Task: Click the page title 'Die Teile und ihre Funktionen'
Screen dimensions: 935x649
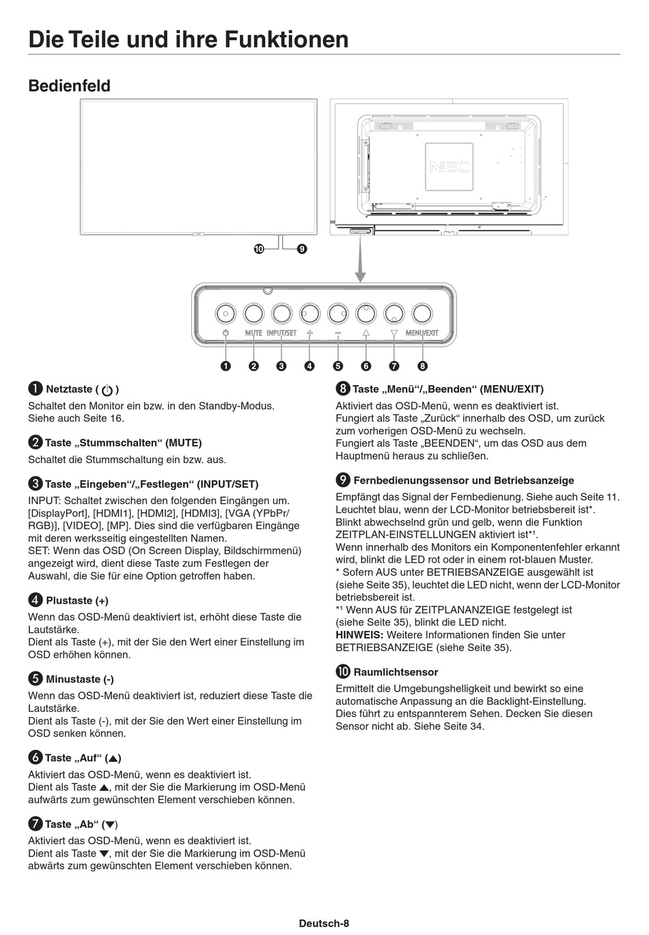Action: (x=189, y=39)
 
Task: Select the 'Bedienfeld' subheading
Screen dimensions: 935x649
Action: (x=69, y=86)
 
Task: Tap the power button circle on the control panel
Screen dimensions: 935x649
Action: (x=225, y=313)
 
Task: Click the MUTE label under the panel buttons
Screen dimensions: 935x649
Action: (x=253, y=333)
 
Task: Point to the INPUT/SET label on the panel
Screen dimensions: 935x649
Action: (x=281, y=333)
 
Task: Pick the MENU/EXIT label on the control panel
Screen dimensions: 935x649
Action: (x=422, y=333)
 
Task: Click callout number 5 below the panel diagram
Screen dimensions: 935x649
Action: (x=337, y=365)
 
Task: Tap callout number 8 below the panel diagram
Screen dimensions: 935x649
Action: (x=422, y=365)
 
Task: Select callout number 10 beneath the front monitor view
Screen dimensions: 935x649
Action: (x=258, y=249)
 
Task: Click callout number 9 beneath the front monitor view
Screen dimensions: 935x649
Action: (x=301, y=249)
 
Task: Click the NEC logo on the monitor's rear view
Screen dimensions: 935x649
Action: (x=449, y=167)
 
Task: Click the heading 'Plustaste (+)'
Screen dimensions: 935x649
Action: (x=77, y=601)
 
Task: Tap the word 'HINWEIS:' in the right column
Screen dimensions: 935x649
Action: (x=359, y=635)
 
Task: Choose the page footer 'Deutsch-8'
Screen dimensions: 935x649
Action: (x=324, y=923)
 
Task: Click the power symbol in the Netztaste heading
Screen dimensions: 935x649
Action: (x=107, y=390)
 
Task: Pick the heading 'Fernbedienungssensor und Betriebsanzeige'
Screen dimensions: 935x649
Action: (x=463, y=481)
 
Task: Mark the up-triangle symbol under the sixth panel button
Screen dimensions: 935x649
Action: (x=365, y=333)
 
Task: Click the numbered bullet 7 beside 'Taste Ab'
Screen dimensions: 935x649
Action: (x=35, y=824)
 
